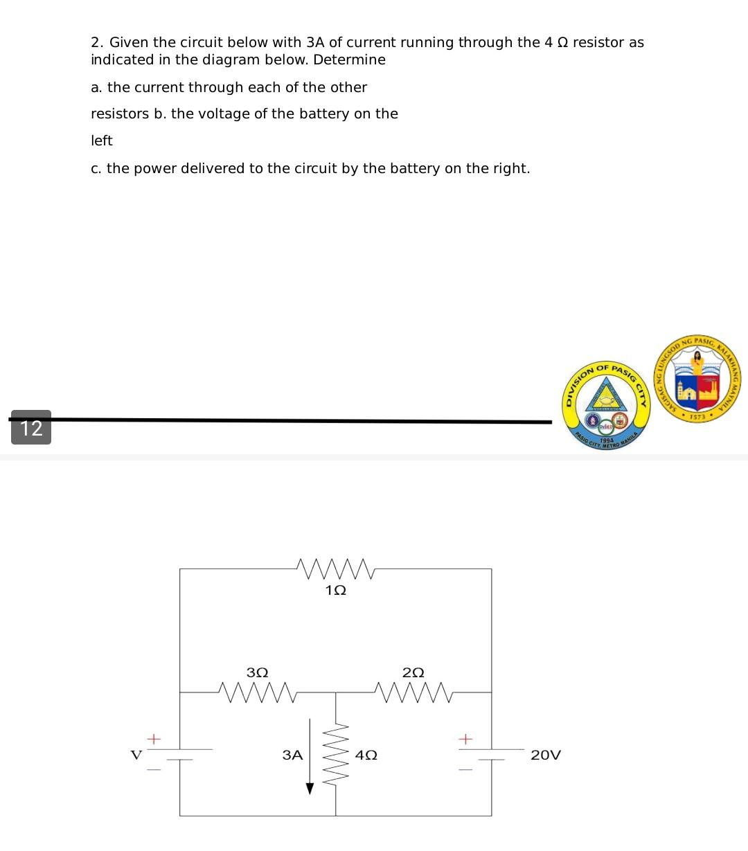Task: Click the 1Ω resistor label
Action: point(335,591)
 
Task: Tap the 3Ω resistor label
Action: point(258,672)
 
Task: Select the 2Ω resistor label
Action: point(413,672)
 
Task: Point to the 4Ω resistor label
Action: point(366,755)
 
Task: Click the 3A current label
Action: point(293,755)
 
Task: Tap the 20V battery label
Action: point(546,755)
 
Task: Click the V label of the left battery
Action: point(136,754)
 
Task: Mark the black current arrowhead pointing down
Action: point(310,789)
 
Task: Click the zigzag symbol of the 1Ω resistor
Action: point(335,568)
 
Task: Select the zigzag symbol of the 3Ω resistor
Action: point(257,692)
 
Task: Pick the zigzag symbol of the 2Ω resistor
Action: point(413,692)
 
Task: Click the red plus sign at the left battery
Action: point(154,738)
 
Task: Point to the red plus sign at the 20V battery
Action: point(465,739)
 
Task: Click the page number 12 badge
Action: point(31,427)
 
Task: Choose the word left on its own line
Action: point(101,141)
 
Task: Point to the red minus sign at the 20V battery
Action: point(465,769)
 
